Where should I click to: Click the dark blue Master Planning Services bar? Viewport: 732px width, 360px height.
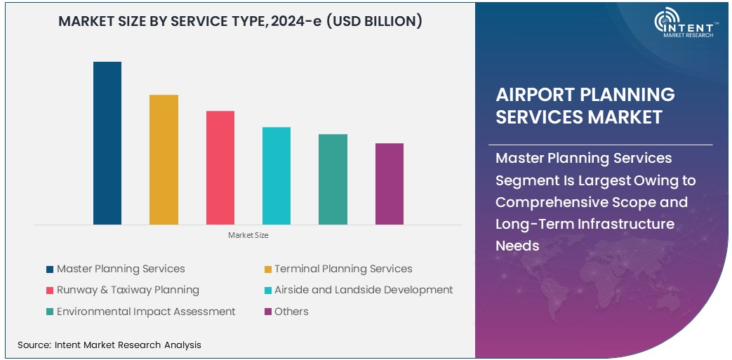tap(107, 143)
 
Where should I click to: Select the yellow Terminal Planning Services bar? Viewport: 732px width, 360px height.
tap(164, 159)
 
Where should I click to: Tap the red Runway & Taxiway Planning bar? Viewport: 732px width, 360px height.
tap(220, 168)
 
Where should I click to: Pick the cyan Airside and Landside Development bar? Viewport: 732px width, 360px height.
tap(277, 175)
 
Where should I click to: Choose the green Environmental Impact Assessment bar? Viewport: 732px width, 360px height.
tap(333, 179)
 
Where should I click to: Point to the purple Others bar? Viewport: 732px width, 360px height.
tap(390, 184)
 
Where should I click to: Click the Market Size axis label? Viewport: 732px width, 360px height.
tap(248, 235)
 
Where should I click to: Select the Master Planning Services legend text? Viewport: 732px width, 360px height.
tap(121, 269)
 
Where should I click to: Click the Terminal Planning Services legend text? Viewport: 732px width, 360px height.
tap(343, 269)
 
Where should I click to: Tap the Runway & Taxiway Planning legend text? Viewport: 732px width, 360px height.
tap(128, 290)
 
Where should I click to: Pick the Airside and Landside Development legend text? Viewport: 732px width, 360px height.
tap(364, 290)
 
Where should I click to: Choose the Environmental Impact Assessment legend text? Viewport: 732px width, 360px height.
tap(146, 312)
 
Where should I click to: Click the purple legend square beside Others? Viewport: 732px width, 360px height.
tap(268, 312)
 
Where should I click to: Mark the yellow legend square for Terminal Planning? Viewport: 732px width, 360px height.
tap(268, 269)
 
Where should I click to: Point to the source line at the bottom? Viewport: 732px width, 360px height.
tap(109, 345)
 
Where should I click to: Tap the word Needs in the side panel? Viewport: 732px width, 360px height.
tap(518, 246)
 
